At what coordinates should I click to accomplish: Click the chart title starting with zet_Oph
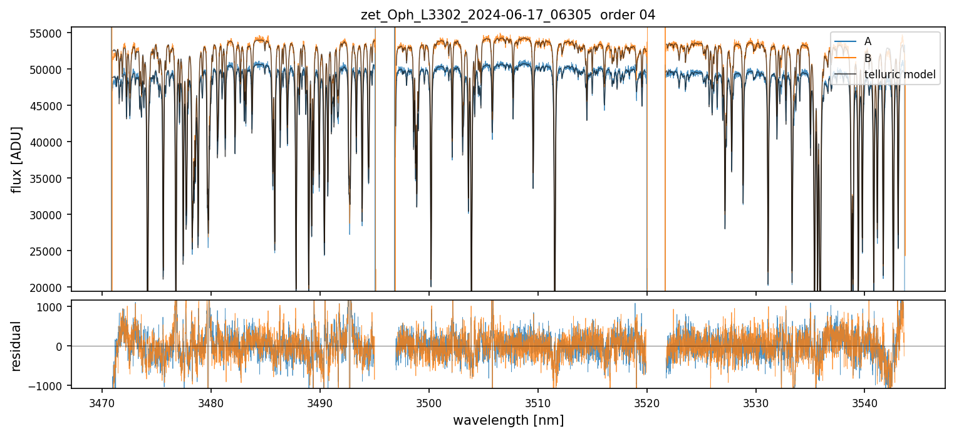(508, 15)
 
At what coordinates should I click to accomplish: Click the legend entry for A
(868, 41)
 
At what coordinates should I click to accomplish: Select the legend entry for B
(868, 58)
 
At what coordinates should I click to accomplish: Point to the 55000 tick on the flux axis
(50, 33)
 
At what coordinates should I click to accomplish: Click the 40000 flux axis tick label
(50, 142)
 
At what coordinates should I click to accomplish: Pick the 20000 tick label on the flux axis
(50, 287)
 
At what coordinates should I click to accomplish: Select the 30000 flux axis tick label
(50, 215)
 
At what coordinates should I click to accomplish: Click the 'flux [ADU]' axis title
(17, 159)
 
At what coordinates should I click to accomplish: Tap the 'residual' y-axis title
(17, 346)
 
